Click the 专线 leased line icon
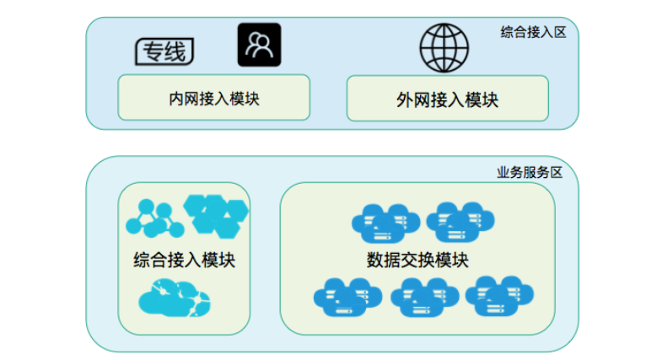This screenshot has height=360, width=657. (164, 51)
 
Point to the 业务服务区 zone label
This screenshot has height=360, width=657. (529, 172)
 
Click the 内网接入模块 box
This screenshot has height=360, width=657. (213, 98)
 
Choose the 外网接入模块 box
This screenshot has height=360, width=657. (447, 99)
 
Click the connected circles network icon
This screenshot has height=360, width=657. (153, 218)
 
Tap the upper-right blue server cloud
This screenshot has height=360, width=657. (460, 220)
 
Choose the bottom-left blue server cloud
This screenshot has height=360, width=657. (342, 295)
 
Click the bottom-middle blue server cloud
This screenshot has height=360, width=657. (422, 295)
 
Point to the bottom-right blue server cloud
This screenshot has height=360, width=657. (498, 293)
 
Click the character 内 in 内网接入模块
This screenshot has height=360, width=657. (175, 98)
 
